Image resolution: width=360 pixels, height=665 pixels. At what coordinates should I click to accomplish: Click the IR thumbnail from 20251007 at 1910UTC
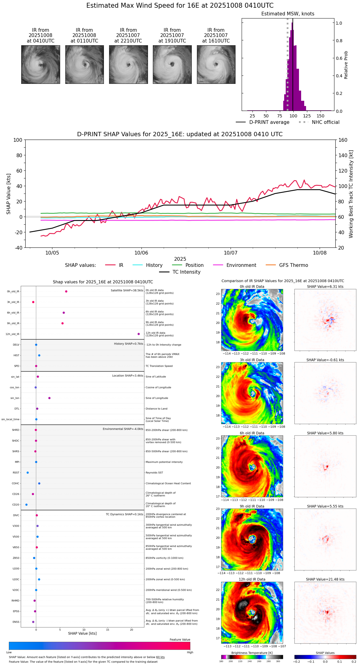point(172,64)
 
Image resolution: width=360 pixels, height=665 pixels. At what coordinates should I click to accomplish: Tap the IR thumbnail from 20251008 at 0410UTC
point(40,64)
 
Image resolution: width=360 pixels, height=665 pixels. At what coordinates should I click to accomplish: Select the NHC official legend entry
point(325,122)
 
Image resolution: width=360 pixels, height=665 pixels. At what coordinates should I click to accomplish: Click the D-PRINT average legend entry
point(269,122)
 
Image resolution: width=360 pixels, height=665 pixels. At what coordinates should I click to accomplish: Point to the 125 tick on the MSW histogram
point(307,116)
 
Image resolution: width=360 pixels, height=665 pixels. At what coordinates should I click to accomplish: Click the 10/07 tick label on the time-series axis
point(231,253)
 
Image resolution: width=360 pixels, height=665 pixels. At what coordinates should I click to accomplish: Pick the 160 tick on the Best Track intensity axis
point(343,140)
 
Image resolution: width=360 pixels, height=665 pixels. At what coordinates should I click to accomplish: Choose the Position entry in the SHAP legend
point(194,265)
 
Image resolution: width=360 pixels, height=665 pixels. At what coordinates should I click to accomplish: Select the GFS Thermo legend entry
point(293,265)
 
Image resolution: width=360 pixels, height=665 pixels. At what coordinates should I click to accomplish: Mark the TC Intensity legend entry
point(186,272)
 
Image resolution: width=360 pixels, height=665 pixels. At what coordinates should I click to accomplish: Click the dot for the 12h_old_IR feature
point(139,334)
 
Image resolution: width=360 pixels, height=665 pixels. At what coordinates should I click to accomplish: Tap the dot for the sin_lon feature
point(49,398)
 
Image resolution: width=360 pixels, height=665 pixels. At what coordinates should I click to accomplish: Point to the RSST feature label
point(16,473)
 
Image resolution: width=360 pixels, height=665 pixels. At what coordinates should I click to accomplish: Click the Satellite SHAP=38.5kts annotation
point(127,291)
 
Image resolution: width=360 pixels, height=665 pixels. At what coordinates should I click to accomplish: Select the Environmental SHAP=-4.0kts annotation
point(123,429)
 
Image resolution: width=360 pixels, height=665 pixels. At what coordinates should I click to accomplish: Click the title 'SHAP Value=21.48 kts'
point(325,579)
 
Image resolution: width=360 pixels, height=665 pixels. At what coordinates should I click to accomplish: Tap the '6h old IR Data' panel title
point(252,433)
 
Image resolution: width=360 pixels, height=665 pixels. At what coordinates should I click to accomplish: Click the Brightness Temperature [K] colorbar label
point(252,653)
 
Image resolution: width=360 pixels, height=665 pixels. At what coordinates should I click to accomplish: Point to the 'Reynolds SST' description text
point(154,473)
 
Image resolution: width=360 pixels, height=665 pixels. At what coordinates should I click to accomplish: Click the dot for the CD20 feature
point(27,505)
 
